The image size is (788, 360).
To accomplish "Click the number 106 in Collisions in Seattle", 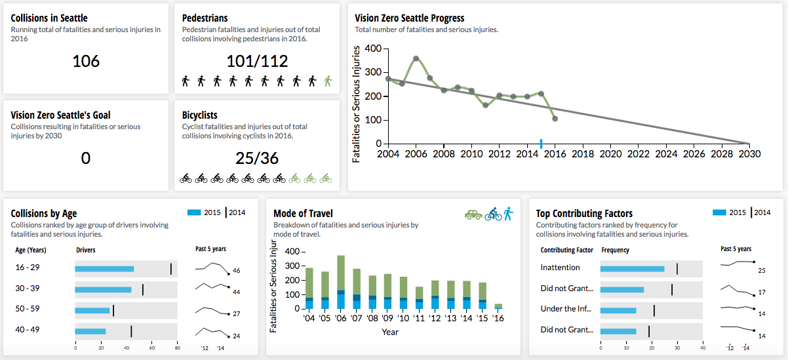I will (86, 61).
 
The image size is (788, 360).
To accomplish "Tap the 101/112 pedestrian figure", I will (257, 61).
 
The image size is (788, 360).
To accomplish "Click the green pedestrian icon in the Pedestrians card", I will (328, 81).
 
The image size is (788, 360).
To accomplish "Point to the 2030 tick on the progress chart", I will (749, 153).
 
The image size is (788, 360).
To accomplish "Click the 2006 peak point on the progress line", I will (416, 58).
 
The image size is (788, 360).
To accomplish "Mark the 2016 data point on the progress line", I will (555, 119).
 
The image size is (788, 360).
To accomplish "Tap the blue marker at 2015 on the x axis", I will (541, 143).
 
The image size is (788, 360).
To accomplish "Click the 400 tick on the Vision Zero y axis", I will (373, 49).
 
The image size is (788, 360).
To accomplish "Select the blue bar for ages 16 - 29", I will (104, 269).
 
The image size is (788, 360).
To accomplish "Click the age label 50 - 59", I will (28, 308).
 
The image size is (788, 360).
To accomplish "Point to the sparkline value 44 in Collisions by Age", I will (237, 292).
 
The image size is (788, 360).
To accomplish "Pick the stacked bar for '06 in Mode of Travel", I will (341, 282).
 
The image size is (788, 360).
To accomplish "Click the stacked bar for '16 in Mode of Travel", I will (498, 306).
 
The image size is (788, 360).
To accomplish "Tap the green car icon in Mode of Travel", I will (473, 214).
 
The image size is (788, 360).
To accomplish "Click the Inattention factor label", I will (560, 268).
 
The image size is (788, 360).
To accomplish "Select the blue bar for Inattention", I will (633, 269).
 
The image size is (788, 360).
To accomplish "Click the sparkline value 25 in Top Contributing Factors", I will (762, 270).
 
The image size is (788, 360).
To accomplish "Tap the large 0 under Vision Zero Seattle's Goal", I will (86, 158).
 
